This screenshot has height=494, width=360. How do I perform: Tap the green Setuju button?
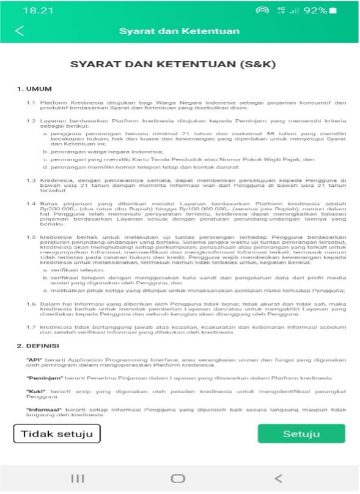(x=301, y=434)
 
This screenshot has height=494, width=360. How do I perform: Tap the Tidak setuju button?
(x=57, y=434)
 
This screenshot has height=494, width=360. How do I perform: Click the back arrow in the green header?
(x=20, y=31)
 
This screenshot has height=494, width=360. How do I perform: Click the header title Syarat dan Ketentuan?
(x=179, y=31)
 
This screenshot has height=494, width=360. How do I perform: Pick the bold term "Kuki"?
(x=35, y=391)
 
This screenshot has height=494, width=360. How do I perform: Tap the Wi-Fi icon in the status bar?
(x=263, y=10)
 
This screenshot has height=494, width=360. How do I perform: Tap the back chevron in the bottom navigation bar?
(x=278, y=478)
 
